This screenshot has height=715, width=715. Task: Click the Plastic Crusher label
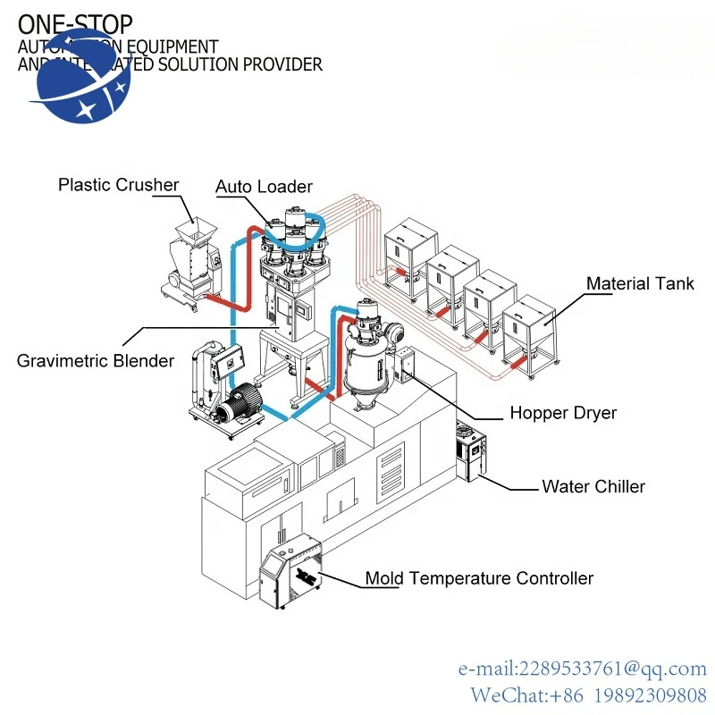[118, 185]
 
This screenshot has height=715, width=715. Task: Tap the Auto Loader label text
[264, 187]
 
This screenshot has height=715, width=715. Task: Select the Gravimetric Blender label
[96, 361]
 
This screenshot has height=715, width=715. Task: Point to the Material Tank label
[640, 284]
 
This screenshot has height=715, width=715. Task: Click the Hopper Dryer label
[563, 413]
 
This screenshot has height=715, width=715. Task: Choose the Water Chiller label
[593, 487]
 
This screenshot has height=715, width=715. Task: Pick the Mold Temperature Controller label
[478, 578]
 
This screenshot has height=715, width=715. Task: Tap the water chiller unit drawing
[472, 450]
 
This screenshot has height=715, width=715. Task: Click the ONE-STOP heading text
[75, 24]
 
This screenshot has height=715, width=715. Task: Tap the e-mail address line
[582, 669]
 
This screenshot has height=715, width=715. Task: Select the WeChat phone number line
[589, 694]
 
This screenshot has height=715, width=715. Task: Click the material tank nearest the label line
[530, 335]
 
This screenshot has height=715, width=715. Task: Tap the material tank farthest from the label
[411, 251]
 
